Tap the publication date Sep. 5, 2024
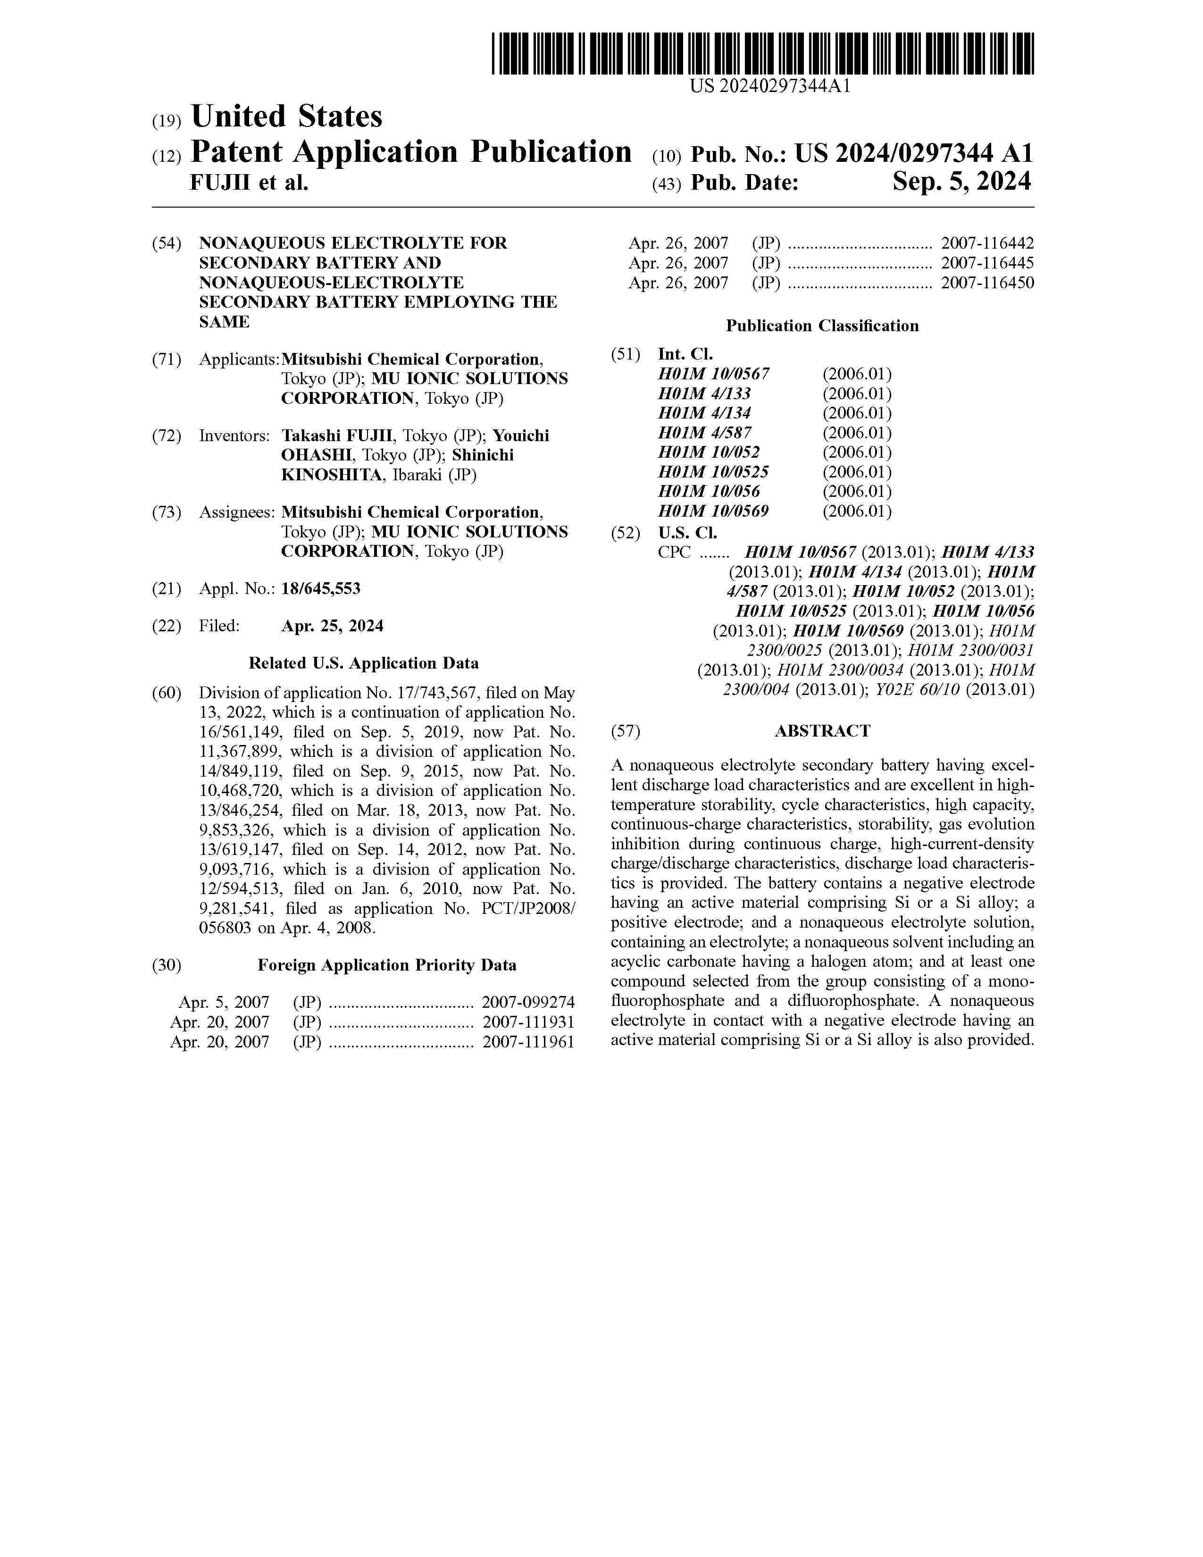(961, 183)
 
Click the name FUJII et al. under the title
(249, 183)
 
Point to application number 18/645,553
(321, 589)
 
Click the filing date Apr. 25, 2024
(332, 626)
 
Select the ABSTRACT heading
(822, 731)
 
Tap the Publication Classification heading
(822, 326)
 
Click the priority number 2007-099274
(528, 1003)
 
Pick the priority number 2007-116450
(987, 283)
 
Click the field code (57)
(626, 731)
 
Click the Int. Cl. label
(685, 354)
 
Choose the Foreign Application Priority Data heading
(386, 966)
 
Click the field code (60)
(167, 694)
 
